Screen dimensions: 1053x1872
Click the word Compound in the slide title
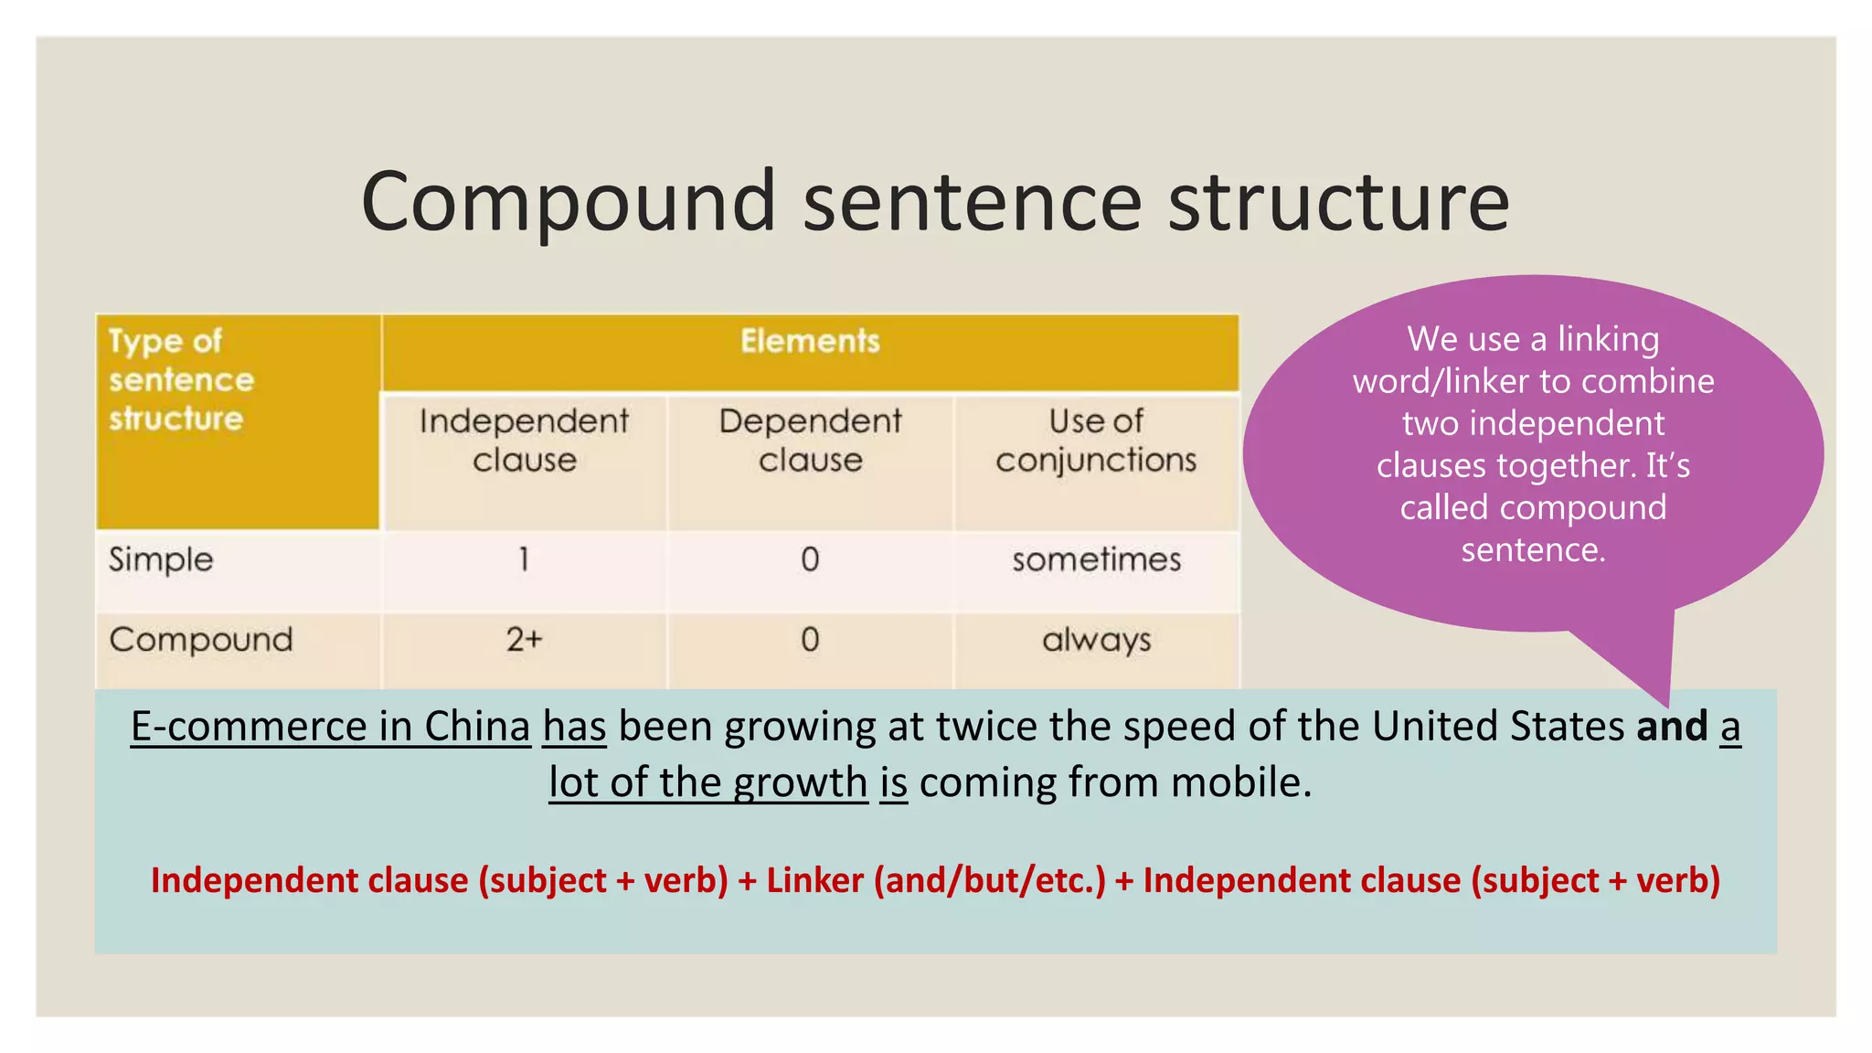pos(569,202)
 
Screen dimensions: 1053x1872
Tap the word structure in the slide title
pos(1339,202)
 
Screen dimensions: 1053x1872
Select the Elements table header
pos(810,342)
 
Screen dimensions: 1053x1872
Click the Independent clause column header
pos(524,441)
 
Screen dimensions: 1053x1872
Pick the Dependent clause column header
pos(810,441)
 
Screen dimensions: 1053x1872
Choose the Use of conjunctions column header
pos(1096,441)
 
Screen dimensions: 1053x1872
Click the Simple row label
pos(161,559)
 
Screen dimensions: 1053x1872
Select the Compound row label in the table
pos(201,640)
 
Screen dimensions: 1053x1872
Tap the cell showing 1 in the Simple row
pos(524,559)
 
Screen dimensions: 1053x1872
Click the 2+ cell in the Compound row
pos(524,640)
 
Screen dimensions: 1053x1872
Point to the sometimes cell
pos(1096,559)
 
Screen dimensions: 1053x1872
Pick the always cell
pos(1096,640)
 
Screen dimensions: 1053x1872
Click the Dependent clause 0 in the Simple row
pos(810,559)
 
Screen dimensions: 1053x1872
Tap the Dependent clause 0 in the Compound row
pos(810,640)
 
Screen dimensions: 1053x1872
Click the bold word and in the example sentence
pos(1672,727)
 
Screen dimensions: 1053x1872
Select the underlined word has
pos(574,727)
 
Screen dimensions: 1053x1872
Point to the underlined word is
pos(893,783)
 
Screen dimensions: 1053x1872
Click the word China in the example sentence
pos(477,727)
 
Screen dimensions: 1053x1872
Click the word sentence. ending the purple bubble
pos(1533,550)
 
